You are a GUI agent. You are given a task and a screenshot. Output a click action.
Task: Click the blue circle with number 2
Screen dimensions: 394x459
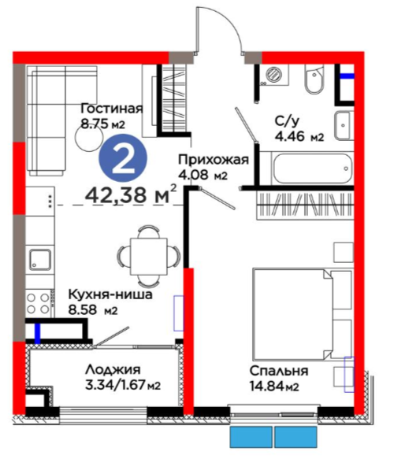[x=123, y=158]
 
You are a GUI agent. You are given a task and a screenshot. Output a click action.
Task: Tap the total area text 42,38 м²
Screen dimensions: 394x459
[x=131, y=194]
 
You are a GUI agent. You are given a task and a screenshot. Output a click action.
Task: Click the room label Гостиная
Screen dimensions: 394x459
[x=112, y=109]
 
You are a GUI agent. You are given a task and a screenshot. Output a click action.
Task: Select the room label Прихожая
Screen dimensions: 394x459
[x=214, y=160]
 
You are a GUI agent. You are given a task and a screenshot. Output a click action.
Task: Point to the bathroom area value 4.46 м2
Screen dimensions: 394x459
[x=299, y=136]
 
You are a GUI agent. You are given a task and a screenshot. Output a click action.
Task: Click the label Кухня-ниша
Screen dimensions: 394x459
[x=110, y=294]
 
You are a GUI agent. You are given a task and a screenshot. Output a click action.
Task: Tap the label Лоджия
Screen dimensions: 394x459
[x=113, y=370]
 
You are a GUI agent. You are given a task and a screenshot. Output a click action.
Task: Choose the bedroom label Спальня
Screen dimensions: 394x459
[x=279, y=371]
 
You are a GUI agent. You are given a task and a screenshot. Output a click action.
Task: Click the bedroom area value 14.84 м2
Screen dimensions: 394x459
[x=274, y=386]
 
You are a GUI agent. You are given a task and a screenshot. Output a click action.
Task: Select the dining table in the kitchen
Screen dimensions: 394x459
[x=148, y=256]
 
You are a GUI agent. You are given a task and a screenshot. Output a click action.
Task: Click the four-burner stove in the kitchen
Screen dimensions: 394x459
[x=38, y=303]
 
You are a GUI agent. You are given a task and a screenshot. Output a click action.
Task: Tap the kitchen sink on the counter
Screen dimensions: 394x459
[x=40, y=260]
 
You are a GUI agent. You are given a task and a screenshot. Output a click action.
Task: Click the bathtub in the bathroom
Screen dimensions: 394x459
[x=313, y=168]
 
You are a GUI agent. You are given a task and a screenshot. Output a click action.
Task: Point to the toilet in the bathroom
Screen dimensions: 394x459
[x=314, y=79]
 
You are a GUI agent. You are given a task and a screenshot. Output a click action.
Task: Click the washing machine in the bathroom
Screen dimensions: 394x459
[x=274, y=75]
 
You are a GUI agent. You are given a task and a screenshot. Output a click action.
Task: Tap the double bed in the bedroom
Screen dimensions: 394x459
[x=303, y=314]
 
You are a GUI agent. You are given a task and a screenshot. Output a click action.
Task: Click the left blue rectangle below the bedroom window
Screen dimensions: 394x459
[x=251, y=437]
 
